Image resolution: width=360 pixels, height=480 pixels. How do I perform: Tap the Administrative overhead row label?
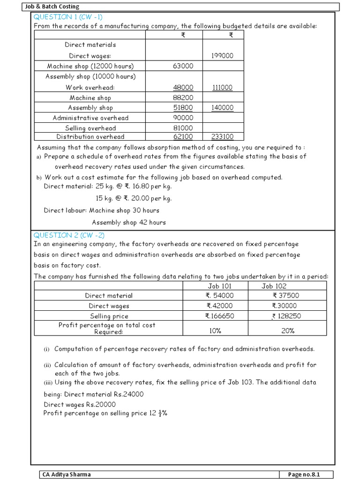[x=90, y=118]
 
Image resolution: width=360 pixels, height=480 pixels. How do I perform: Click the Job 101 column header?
[x=219, y=286]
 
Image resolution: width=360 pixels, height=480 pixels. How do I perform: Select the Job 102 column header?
[x=274, y=286]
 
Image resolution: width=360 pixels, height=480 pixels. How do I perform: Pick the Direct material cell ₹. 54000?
[x=219, y=296]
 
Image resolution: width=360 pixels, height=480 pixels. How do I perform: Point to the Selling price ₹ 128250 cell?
[x=286, y=316]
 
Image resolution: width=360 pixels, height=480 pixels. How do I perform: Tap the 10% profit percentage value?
[x=220, y=331]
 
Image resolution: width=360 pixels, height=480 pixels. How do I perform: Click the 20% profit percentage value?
[x=288, y=331]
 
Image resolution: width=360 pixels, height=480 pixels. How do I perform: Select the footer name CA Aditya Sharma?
[x=66, y=474]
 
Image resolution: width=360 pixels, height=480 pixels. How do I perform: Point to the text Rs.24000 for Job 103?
[x=127, y=394]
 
